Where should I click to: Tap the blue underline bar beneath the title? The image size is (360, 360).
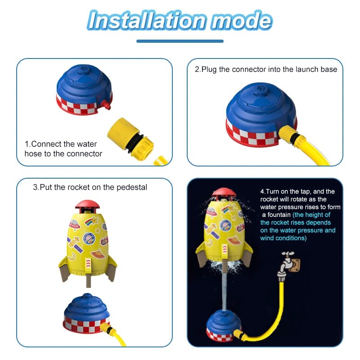pyautogui.click(x=180, y=41)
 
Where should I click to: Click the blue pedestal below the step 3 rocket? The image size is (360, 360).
pyautogui.click(x=86, y=313)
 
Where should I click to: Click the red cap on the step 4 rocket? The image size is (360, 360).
pyautogui.click(x=224, y=193)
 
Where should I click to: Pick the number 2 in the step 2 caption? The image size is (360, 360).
pyautogui.click(x=197, y=70)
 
